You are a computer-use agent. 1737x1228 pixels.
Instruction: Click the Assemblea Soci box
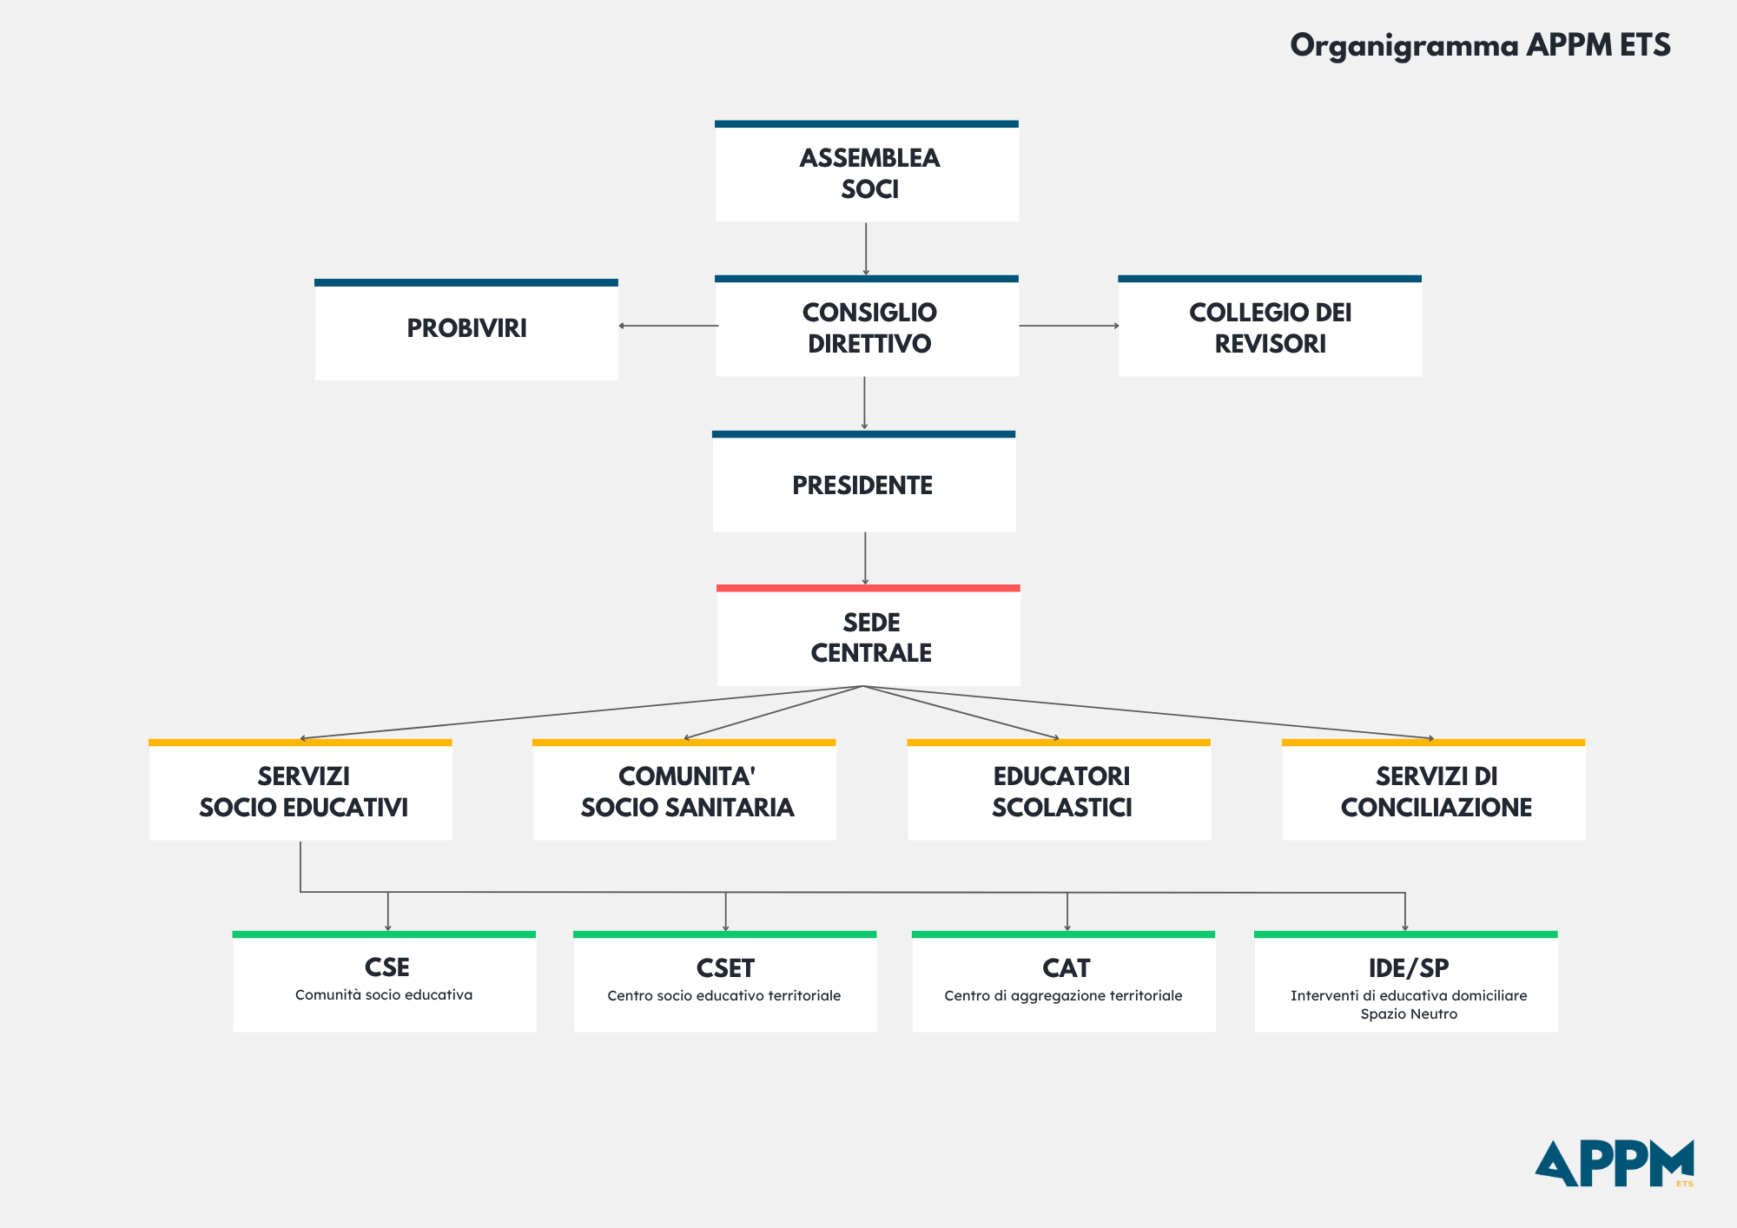point(867,171)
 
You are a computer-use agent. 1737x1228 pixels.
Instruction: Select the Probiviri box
point(466,330)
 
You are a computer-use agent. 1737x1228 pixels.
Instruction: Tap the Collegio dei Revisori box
point(1270,326)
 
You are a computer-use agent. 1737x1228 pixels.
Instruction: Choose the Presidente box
point(864,481)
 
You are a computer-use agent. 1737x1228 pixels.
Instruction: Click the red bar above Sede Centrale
point(868,588)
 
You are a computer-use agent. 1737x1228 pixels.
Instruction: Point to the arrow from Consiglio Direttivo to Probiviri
point(668,326)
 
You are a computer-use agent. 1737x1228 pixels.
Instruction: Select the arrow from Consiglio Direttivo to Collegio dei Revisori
point(1069,326)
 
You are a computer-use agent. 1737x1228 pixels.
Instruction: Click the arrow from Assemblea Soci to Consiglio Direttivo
point(866,249)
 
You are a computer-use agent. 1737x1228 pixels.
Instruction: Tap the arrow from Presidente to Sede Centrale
point(865,558)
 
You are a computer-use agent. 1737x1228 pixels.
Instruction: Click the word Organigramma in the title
point(1403,46)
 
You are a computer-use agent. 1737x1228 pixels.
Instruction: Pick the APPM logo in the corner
point(1615,1164)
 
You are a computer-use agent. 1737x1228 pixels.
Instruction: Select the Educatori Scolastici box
point(1059,789)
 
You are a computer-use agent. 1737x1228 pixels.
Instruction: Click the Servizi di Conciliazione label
point(1436,792)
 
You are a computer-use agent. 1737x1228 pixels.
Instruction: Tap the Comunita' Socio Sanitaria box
point(684,789)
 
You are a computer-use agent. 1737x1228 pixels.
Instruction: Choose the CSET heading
point(725,968)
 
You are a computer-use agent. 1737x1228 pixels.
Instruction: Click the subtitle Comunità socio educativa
point(384,995)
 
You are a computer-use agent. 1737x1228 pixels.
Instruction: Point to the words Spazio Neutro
point(1409,1014)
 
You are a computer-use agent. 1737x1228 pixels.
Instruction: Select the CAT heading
point(1067,968)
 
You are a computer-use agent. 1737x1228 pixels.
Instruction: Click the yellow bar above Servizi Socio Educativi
point(301,743)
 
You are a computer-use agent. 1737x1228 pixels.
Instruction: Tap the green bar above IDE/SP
point(1406,934)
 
